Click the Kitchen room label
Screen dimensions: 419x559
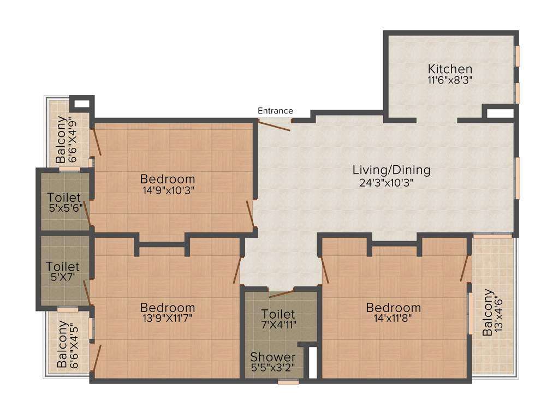(450, 69)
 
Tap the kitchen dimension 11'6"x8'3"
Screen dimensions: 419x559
(450, 80)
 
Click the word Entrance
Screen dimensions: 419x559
(275, 111)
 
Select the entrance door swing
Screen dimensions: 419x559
(275, 126)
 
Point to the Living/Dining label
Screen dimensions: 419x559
(391, 170)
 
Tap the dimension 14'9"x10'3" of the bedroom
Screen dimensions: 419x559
(168, 190)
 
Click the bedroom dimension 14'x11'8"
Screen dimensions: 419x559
(394, 319)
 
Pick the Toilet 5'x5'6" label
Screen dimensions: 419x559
(64, 202)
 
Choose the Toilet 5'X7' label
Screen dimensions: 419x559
(63, 272)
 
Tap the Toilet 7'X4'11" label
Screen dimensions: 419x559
(278, 320)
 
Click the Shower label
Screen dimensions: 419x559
(273, 357)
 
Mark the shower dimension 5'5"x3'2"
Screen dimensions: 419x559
(273, 368)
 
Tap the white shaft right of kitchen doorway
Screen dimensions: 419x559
(499, 114)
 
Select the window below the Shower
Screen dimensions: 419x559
(288, 382)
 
